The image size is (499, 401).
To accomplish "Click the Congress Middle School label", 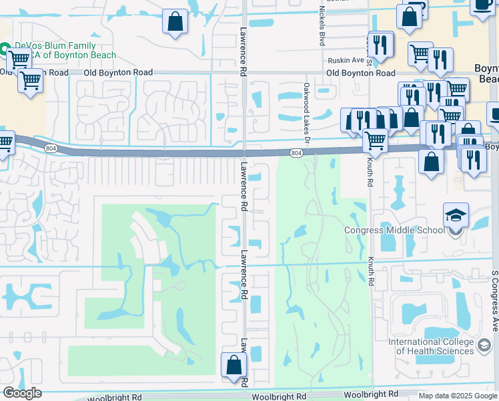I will click(394, 231).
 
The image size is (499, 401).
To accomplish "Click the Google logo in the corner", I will click(22, 393).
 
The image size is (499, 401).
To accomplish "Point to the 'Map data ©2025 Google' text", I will click(457, 396).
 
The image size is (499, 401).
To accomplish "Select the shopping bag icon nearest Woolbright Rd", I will click(233, 366).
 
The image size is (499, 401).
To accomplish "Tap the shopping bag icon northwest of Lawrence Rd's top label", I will click(175, 21).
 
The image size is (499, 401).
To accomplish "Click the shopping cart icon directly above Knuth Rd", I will click(376, 140).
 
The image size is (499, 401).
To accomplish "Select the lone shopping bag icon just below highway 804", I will click(432, 161).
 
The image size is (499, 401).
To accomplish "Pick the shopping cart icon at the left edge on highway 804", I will click(5, 142).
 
